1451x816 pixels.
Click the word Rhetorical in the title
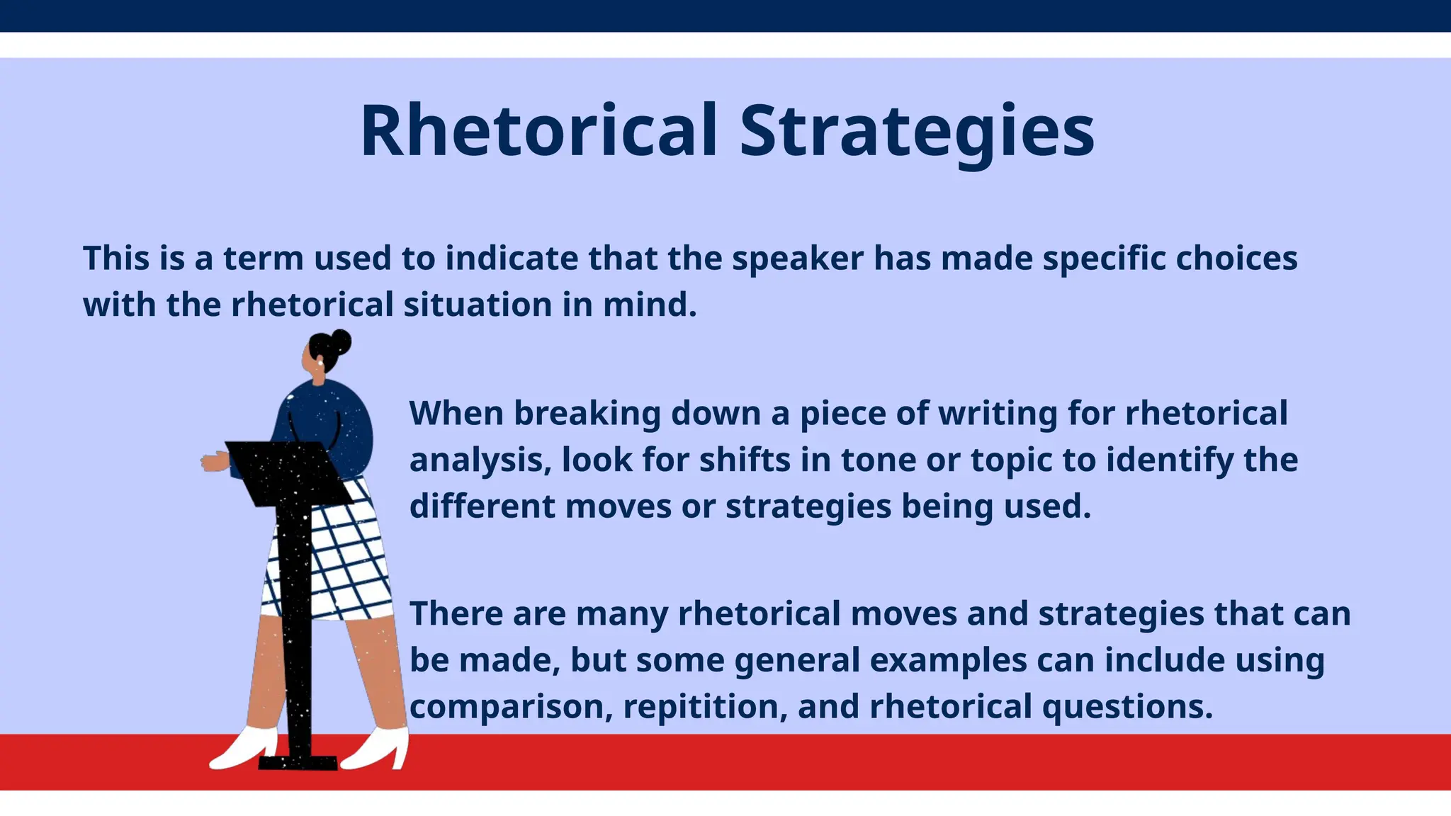click(x=538, y=132)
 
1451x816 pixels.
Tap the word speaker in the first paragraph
click(x=797, y=259)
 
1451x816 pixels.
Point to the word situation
click(x=478, y=305)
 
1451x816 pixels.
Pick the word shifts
click(x=745, y=460)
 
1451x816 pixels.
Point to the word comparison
click(x=511, y=707)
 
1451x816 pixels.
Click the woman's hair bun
click(x=341, y=341)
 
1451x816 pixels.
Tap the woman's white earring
click(x=320, y=363)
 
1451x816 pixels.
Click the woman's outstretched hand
click(x=212, y=463)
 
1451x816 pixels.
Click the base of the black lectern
click(x=298, y=762)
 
